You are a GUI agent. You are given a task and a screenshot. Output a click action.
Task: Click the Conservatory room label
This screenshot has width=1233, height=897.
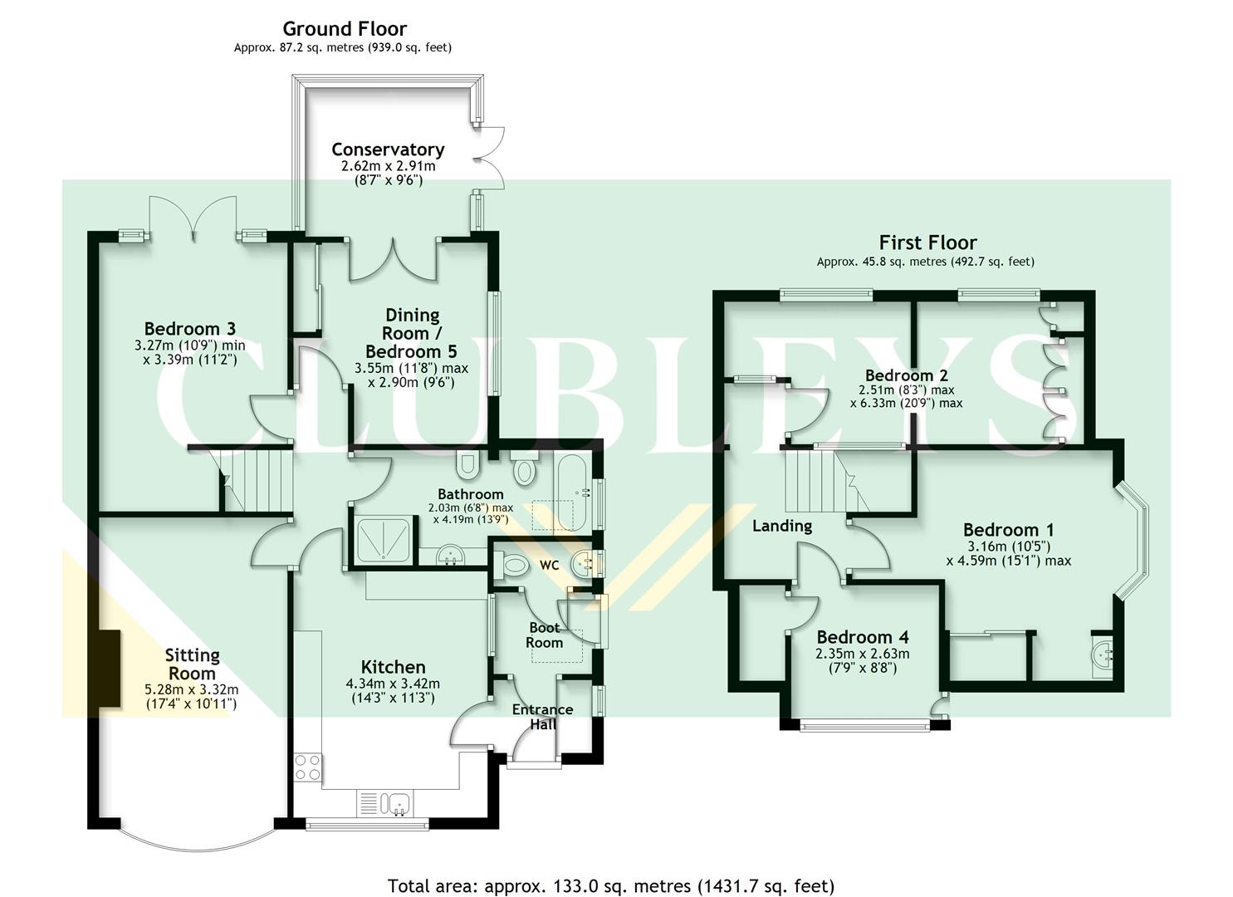(x=388, y=149)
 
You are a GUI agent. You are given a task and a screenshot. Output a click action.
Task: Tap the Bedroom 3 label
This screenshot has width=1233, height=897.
(x=189, y=329)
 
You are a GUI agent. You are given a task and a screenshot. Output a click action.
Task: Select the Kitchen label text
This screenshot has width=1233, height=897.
(x=393, y=667)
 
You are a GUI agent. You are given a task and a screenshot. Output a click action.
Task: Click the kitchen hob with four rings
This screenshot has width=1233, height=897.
(x=308, y=767)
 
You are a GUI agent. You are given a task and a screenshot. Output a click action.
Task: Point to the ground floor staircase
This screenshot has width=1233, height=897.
(x=257, y=480)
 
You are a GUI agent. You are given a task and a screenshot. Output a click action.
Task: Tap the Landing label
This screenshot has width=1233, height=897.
(x=781, y=526)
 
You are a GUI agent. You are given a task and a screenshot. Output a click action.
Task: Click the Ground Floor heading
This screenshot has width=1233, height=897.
(x=345, y=29)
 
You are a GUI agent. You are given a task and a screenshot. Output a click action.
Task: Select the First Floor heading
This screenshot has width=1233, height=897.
(x=927, y=243)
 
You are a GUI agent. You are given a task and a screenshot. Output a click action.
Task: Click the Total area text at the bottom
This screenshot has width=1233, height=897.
(x=610, y=885)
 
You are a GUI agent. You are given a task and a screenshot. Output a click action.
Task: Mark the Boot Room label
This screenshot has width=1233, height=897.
(x=544, y=635)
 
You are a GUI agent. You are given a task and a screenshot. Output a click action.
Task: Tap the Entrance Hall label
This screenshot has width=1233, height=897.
(x=542, y=717)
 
